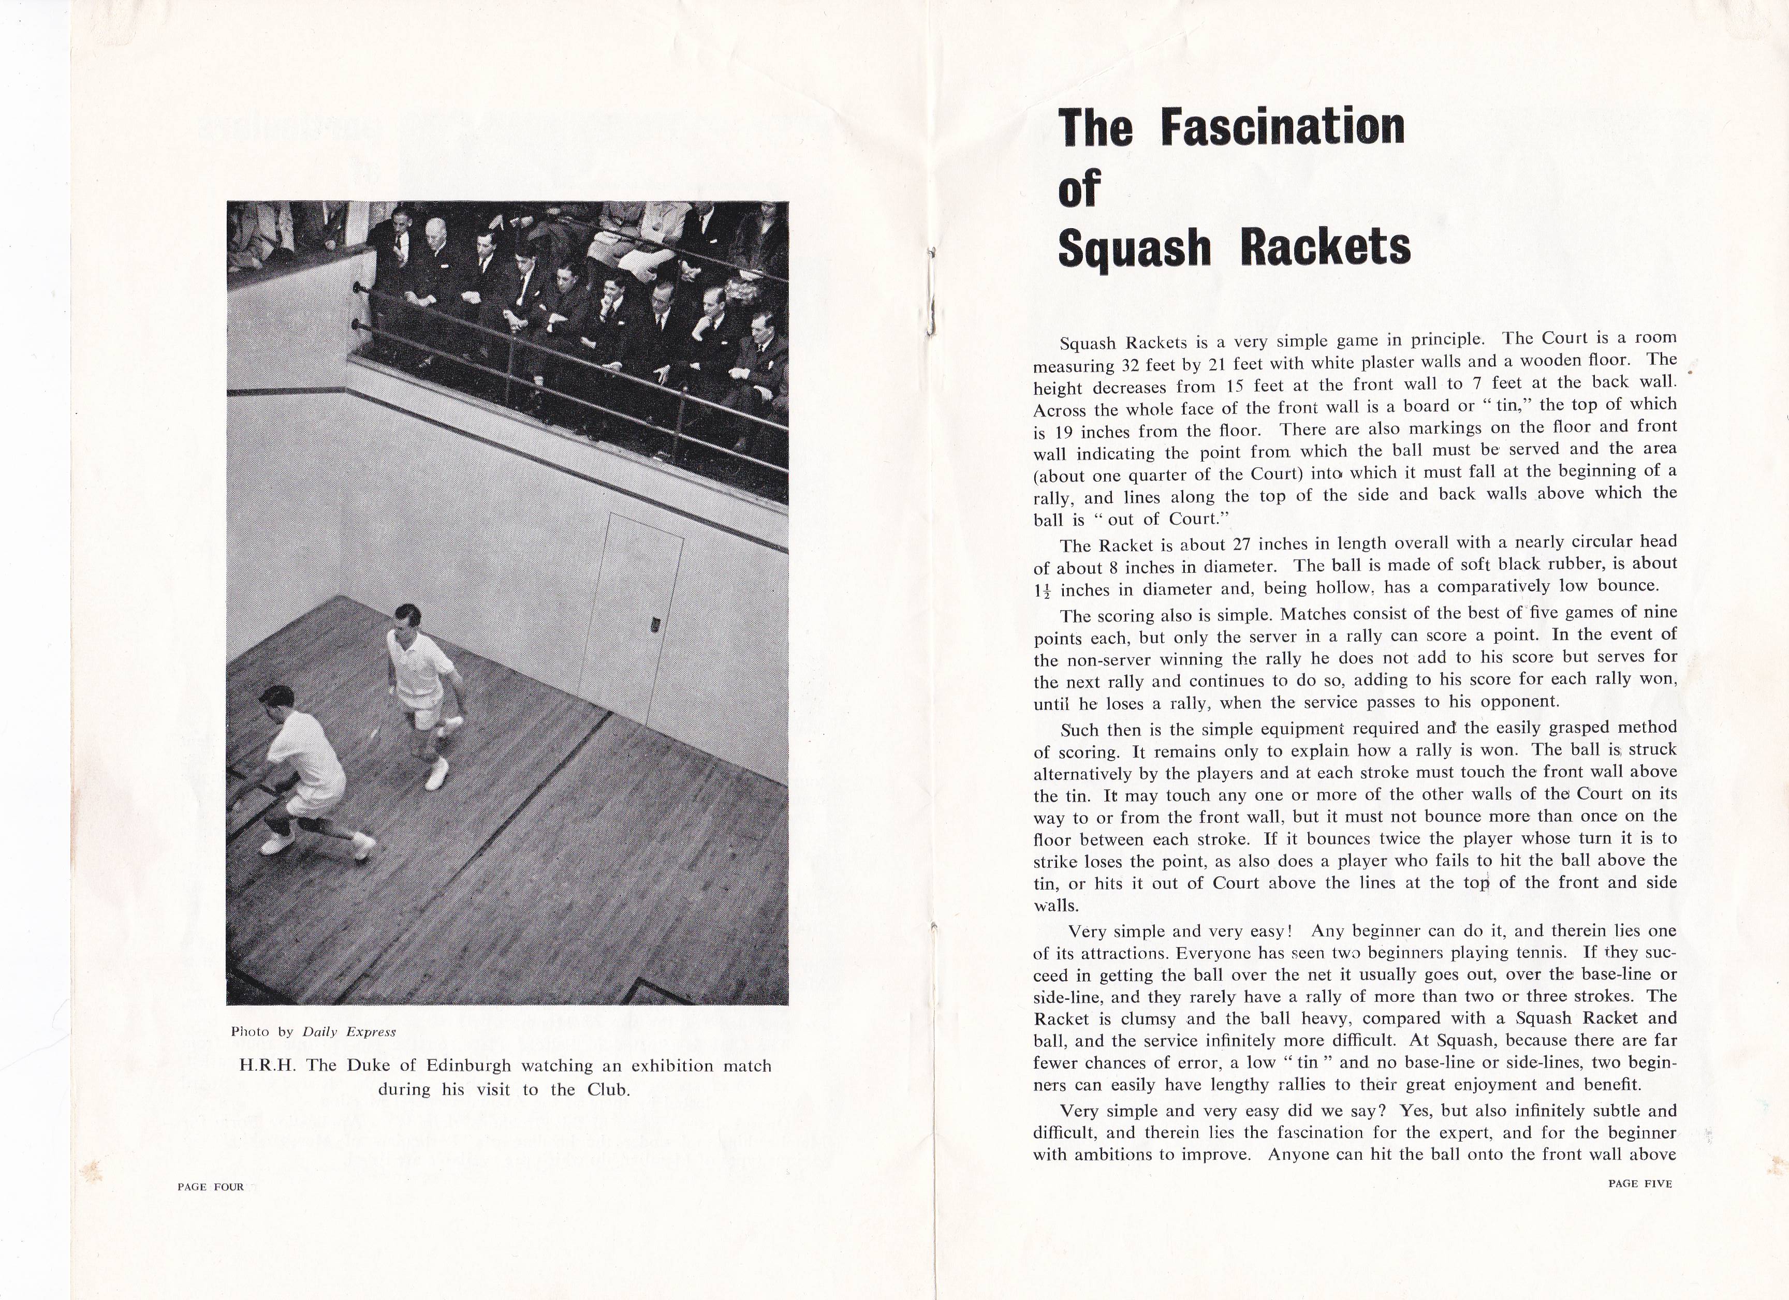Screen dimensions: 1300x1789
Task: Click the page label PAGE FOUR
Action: click(211, 1187)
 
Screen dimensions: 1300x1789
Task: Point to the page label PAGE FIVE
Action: click(1640, 1183)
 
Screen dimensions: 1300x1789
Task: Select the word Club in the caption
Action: click(606, 1090)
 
